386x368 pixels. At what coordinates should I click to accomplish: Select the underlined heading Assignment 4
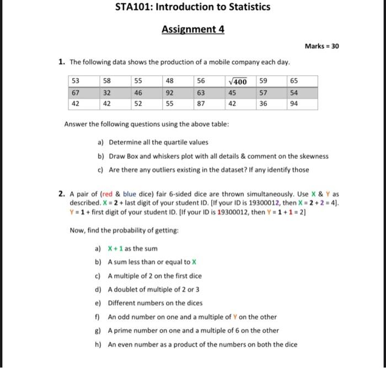point(193,29)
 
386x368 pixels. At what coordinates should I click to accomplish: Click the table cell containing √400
point(237,82)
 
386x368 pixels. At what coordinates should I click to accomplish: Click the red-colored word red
point(108,194)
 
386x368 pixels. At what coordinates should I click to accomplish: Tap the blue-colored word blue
point(130,194)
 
